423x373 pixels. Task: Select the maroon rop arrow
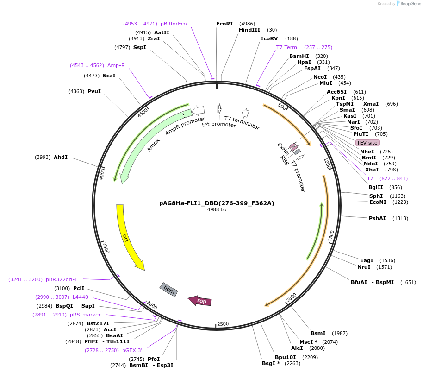click(200, 301)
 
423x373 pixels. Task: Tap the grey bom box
click(169, 290)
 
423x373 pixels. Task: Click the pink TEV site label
click(367, 143)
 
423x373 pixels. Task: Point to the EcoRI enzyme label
click(224, 24)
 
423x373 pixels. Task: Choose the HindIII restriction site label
click(249, 30)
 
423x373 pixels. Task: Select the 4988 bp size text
click(217, 210)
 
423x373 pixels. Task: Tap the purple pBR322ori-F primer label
click(62, 279)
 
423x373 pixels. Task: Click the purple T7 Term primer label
click(286, 47)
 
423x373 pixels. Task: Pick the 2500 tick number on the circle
click(223, 324)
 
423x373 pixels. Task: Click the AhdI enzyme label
click(61, 157)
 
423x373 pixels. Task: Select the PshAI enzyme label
click(377, 218)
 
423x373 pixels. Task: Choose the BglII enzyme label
click(376, 187)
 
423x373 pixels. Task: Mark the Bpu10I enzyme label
click(285, 357)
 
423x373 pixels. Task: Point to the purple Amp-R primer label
click(116, 65)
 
